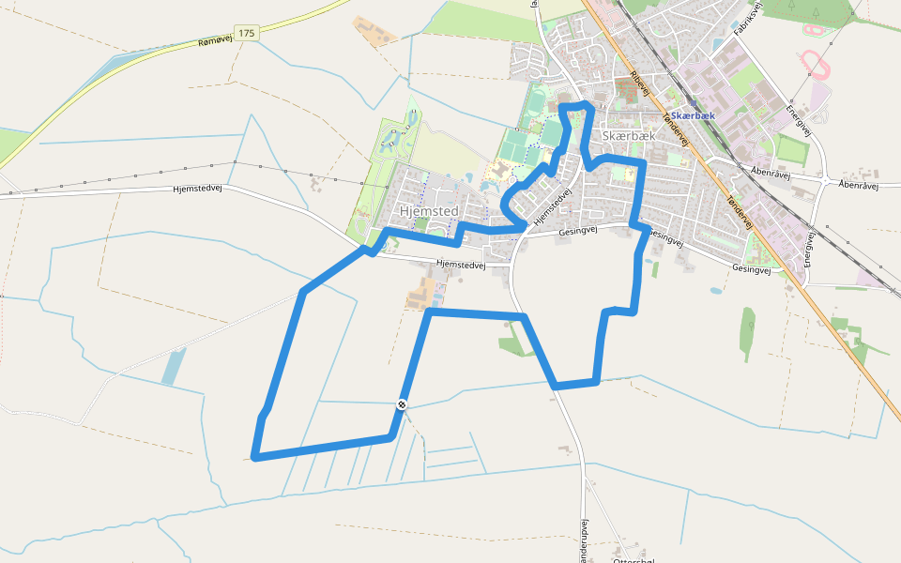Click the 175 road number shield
point(246,33)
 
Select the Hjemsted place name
point(429,211)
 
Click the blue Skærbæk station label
point(694,115)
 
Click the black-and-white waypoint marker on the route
point(402,404)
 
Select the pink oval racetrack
point(815,64)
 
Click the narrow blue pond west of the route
point(174,366)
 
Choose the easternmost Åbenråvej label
point(857,185)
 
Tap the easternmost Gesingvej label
point(751,269)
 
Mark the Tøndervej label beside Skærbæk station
point(676,129)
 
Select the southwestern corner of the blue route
point(254,457)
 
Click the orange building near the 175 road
point(374,31)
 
